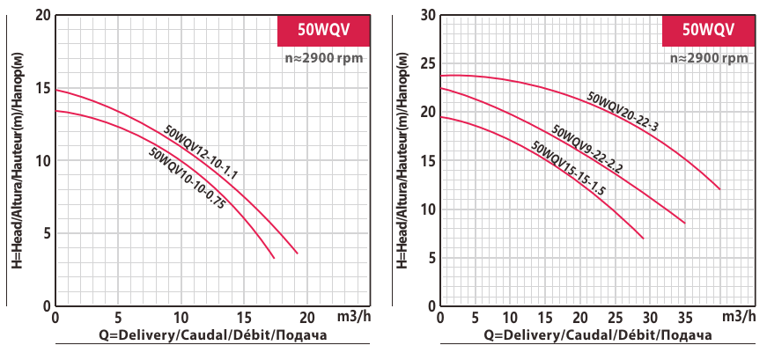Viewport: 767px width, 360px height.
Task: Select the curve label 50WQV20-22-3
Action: [623, 112]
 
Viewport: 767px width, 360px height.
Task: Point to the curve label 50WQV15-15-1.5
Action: [569, 168]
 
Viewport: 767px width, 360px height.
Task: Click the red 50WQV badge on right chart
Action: [708, 29]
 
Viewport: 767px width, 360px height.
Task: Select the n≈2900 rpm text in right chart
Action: [708, 58]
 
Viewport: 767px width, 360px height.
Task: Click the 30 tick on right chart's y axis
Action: [429, 16]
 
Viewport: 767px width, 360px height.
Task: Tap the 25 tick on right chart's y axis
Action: [429, 63]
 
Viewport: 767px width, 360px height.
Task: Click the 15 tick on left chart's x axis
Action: [244, 317]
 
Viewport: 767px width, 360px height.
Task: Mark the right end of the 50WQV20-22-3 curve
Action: [720, 189]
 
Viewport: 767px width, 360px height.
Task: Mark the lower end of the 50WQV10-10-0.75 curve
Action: [274, 258]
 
